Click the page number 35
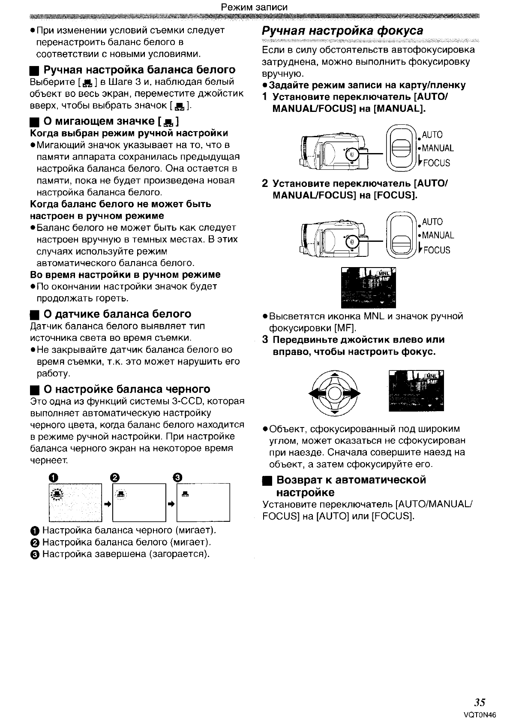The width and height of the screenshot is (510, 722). tap(480, 702)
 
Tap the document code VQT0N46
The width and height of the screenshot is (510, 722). tap(480, 715)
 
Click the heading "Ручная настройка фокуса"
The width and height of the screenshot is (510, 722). tap(342, 31)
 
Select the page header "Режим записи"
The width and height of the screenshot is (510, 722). tap(254, 7)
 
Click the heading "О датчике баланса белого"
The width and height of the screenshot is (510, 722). tap(117, 314)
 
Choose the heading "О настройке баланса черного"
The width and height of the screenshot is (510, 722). tap(127, 389)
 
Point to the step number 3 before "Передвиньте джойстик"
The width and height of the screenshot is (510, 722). tap(266, 340)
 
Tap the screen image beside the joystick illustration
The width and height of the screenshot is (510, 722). tap(416, 391)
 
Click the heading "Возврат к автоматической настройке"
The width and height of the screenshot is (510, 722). tap(351, 486)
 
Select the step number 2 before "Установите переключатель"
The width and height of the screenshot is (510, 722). tap(266, 184)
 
